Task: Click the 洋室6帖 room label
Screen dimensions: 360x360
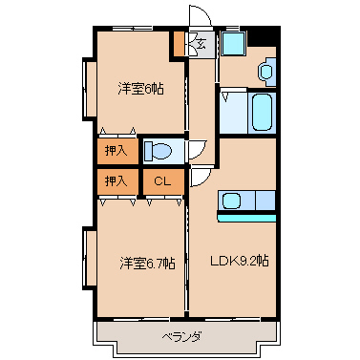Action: click(140, 89)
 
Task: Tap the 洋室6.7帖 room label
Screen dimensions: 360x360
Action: click(147, 264)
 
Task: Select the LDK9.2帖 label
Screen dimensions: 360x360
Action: click(240, 261)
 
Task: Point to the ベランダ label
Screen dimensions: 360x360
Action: click(181, 336)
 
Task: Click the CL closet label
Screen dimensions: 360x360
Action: click(162, 181)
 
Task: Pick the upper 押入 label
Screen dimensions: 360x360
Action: click(116, 151)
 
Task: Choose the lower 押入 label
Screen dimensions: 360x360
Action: click(116, 181)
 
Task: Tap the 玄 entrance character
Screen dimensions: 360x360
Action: click(201, 43)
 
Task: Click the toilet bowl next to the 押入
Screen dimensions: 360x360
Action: click(159, 151)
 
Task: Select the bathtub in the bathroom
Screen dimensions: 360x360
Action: click(262, 112)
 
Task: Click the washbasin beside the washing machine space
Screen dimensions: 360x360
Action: click(266, 72)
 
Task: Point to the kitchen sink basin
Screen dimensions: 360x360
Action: click(231, 201)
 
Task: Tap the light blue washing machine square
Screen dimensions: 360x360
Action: click(234, 44)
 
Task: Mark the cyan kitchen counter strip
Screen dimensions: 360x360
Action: click(246, 218)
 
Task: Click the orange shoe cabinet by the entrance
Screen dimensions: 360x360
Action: click(179, 43)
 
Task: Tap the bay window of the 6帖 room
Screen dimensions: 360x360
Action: click(89, 89)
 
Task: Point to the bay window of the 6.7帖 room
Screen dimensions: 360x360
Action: click(89, 258)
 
